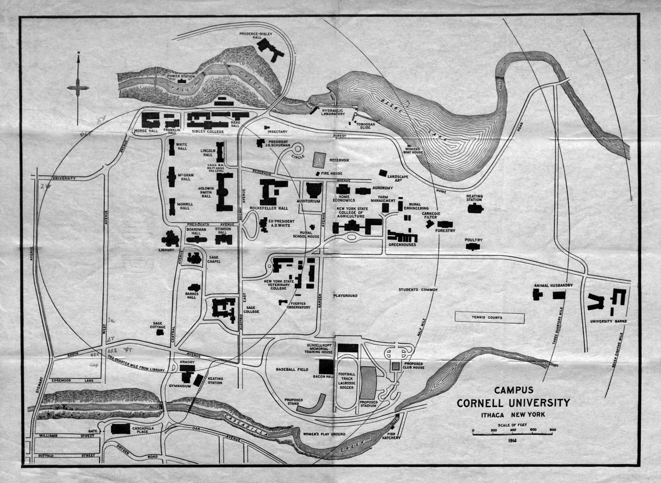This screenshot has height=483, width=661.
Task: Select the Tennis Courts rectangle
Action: coord(489,317)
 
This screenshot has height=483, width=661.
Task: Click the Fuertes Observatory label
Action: coord(298,304)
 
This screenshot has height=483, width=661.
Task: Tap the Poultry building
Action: coord(474,247)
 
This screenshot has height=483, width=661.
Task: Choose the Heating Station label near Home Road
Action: coord(474,198)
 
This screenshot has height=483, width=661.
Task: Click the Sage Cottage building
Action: coord(160,332)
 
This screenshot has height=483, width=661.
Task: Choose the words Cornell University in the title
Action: coord(513,403)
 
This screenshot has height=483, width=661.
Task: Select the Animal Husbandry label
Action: coord(553,286)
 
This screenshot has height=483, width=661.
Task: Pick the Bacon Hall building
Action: coord(325,366)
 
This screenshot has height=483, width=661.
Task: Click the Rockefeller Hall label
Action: coord(269,208)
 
